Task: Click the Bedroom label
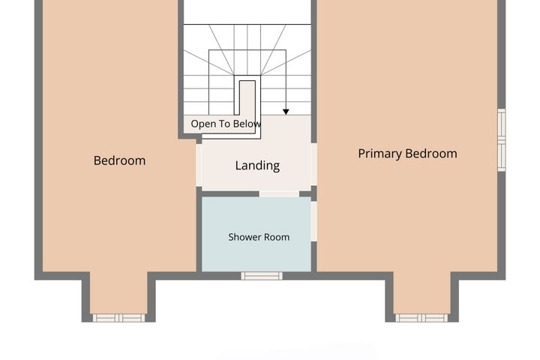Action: pyautogui.click(x=119, y=160)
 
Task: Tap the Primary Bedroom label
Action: pyautogui.click(x=408, y=154)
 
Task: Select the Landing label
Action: pyautogui.click(x=257, y=165)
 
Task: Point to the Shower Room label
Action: pyautogui.click(x=259, y=237)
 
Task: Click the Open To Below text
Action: pyautogui.click(x=226, y=124)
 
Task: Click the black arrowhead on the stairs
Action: pyautogui.click(x=286, y=112)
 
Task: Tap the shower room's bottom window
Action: pyautogui.click(x=262, y=276)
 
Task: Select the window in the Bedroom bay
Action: pyautogui.click(x=118, y=318)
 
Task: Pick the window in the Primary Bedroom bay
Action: pyautogui.click(x=421, y=318)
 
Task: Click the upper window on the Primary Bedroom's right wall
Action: pyautogui.click(x=502, y=124)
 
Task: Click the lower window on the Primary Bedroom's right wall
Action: pyautogui.click(x=502, y=157)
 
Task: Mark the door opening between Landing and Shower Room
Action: pyautogui.click(x=279, y=194)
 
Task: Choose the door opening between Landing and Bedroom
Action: pyautogui.click(x=199, y=165)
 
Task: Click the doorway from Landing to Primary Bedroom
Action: pyautogui.click(x=313, y=164)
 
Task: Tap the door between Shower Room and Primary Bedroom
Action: pyautogui.click(x=313, y=221)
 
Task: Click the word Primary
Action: pyautogui.click(x=380, y=154)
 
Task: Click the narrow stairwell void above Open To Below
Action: pyautogui.click(x=247, y=98)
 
